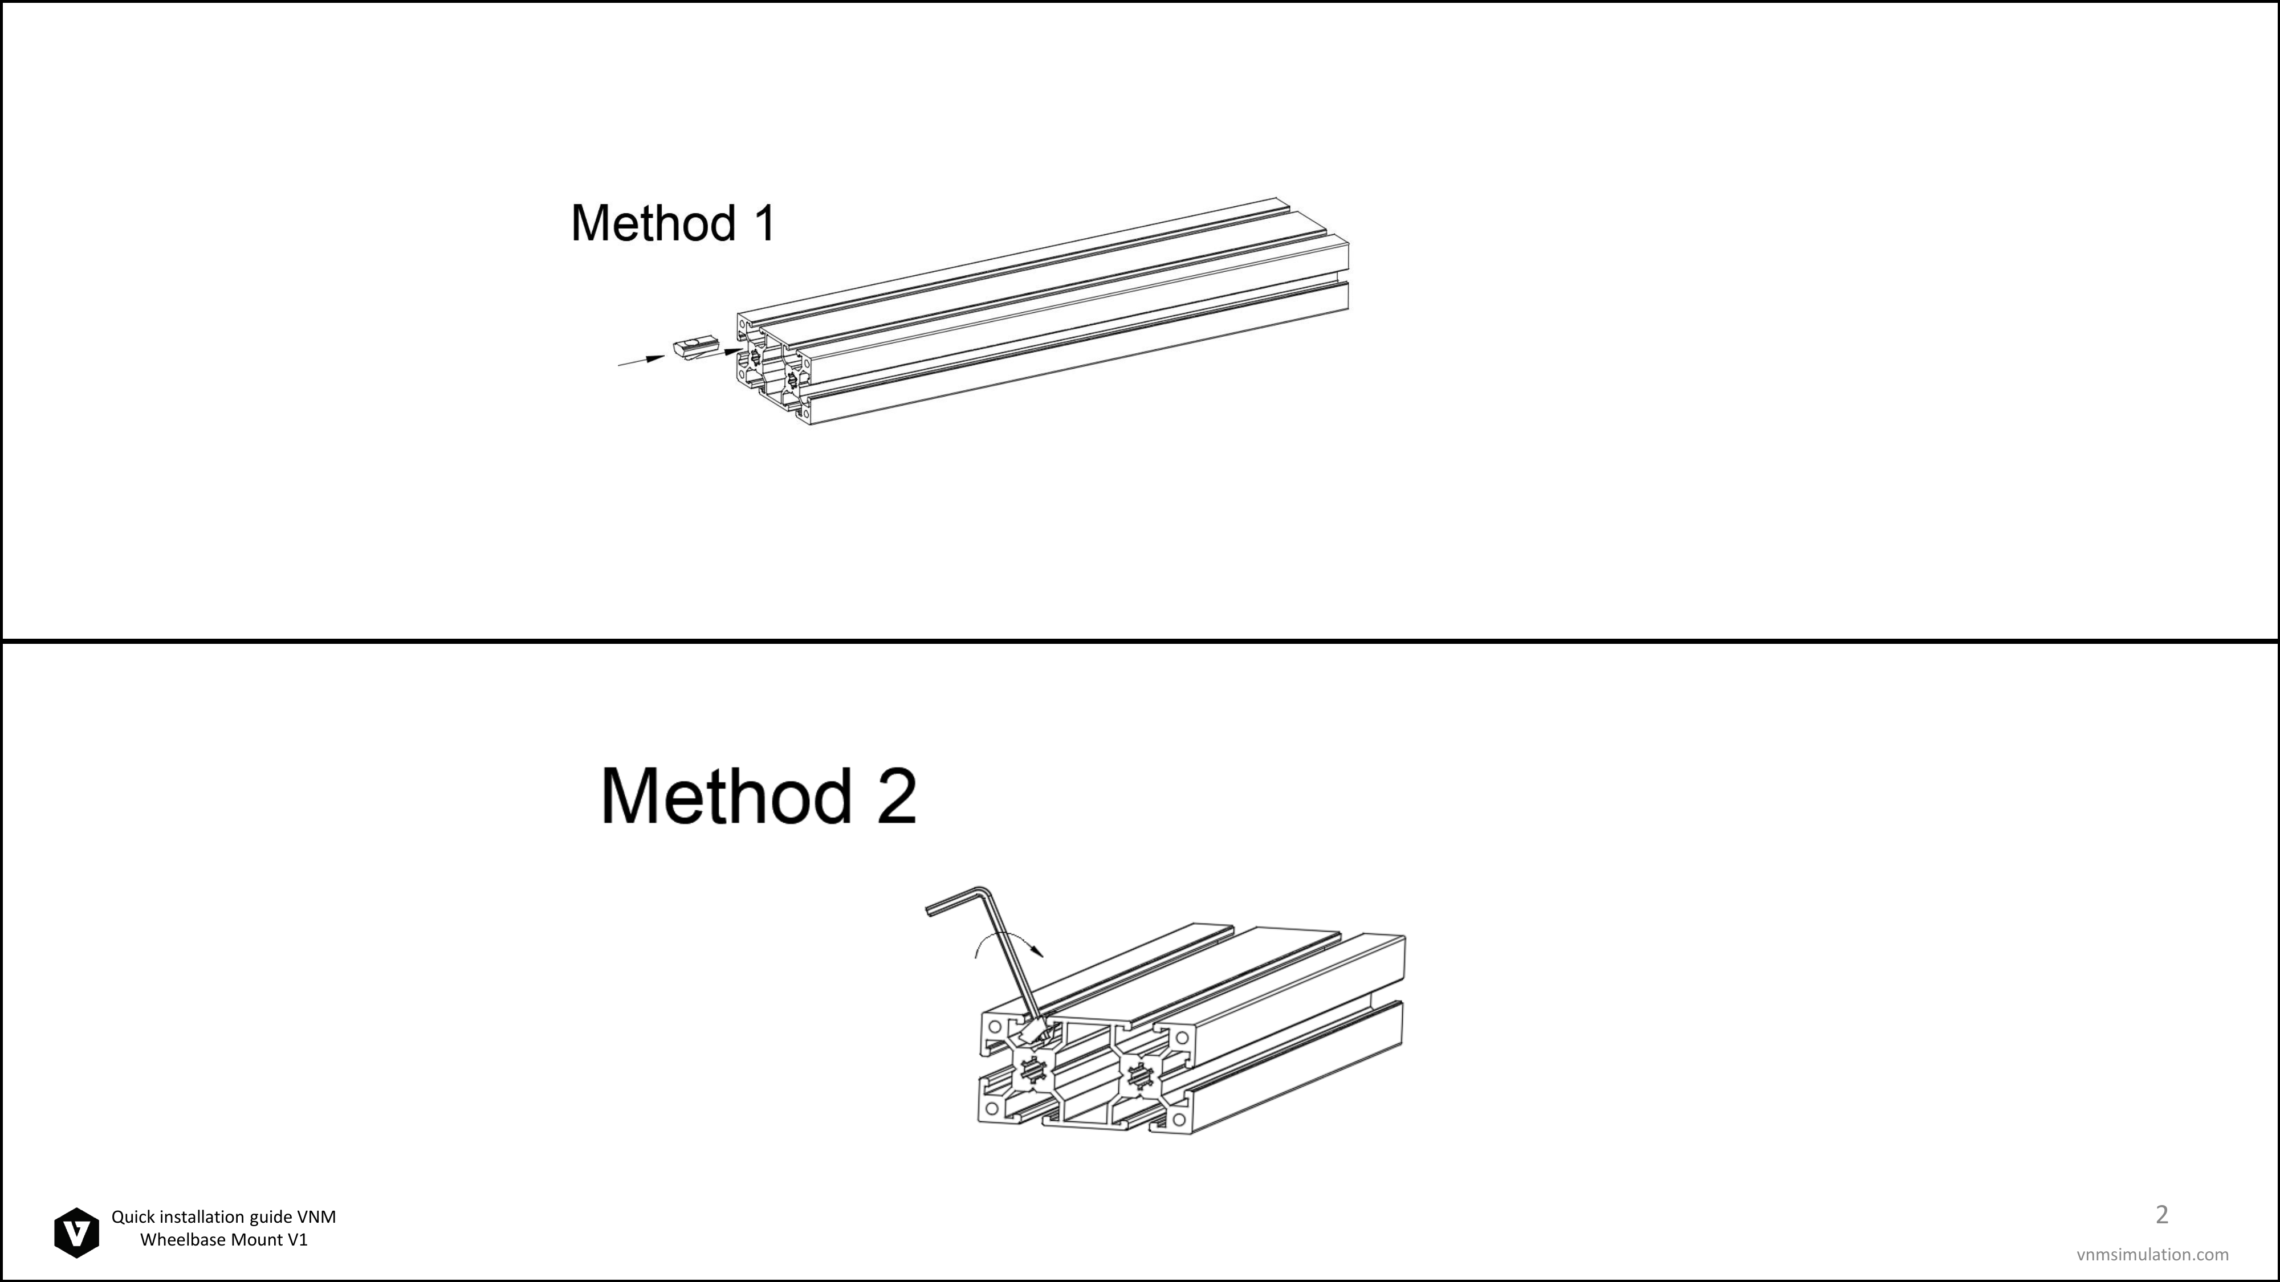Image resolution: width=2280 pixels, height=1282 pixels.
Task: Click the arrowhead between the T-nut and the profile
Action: pos(734,351)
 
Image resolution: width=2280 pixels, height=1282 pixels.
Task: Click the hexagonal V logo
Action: pos(77,1232)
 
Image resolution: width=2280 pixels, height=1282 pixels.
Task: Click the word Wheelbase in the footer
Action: pos(182,1239)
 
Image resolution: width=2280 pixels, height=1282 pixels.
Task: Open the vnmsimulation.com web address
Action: pos(2152,1254)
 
